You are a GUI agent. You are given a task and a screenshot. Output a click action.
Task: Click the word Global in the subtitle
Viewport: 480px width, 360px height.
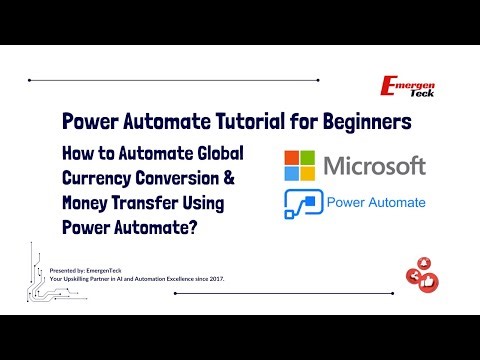[x=214, y=154]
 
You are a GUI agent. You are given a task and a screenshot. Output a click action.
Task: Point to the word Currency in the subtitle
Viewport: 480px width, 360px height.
[x=100, y=179]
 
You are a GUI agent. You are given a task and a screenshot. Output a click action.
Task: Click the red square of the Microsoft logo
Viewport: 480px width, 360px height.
[x=292, y=155]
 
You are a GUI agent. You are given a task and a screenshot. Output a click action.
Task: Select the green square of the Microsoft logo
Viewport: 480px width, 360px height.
[x=308, y=155]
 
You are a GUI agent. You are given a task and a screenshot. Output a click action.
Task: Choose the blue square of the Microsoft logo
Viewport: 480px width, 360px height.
[x=292, y=171]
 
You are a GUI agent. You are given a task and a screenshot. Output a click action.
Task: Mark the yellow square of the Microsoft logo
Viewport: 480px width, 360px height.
[x=308, y=171]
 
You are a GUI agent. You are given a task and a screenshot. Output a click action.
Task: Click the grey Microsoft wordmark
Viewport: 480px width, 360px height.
[x=375, y=164]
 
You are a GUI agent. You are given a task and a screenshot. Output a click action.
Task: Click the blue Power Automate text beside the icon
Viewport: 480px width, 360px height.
[x=377, y=203]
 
